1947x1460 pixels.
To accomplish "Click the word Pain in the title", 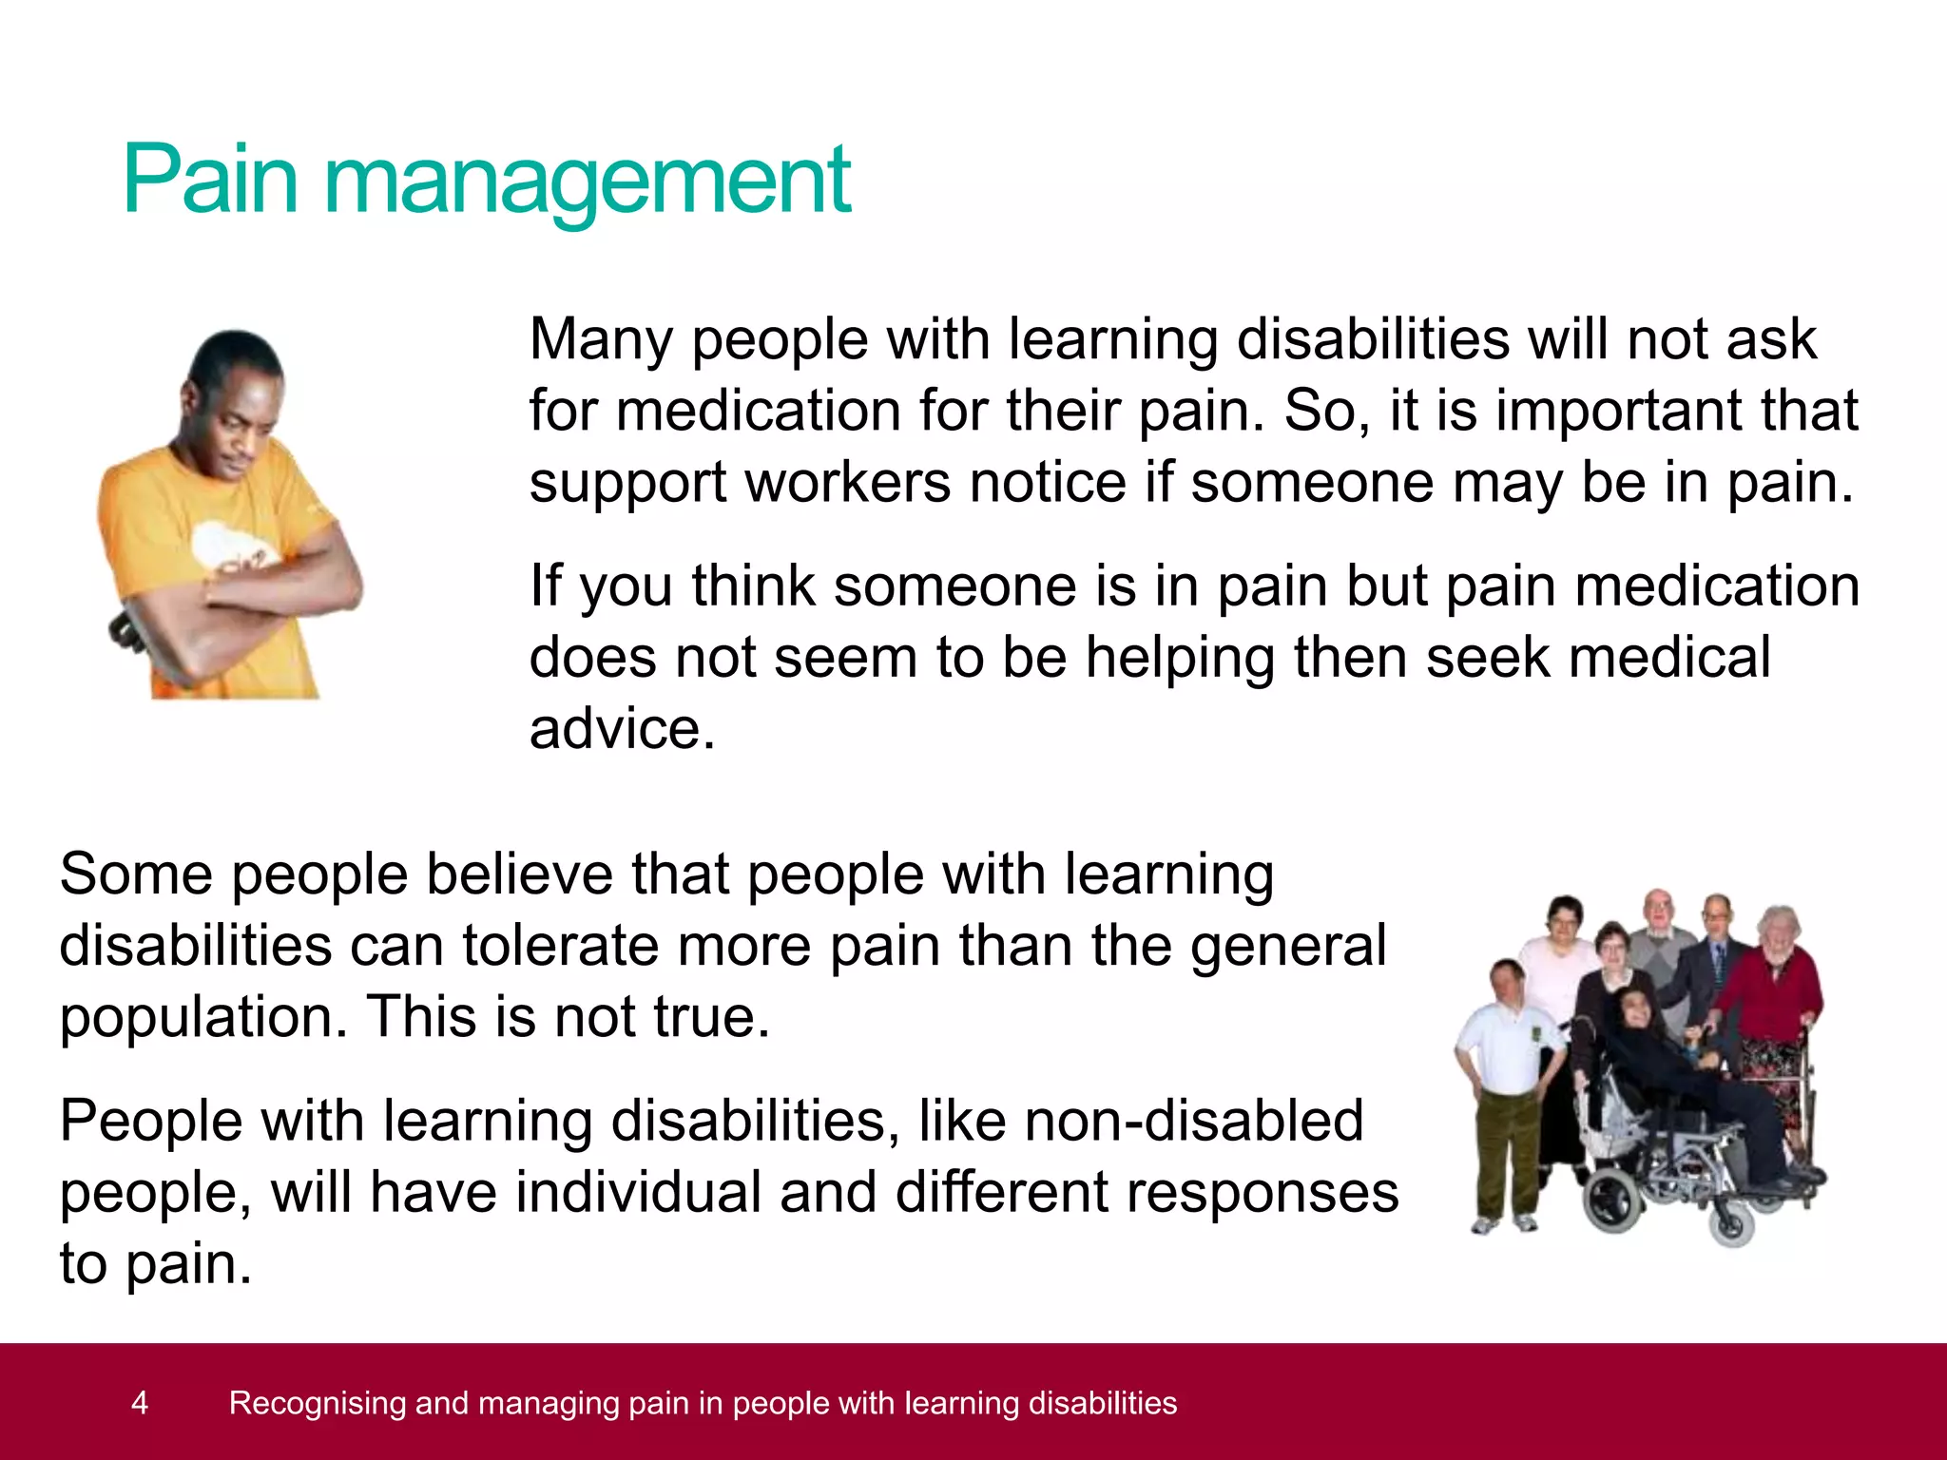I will (x=211, y=179).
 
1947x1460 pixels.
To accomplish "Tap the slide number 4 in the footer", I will (x=140, y=1402).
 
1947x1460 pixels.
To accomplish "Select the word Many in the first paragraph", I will (x=601, y=340).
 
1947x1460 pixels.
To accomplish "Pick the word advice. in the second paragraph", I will (x=622, y=730).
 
